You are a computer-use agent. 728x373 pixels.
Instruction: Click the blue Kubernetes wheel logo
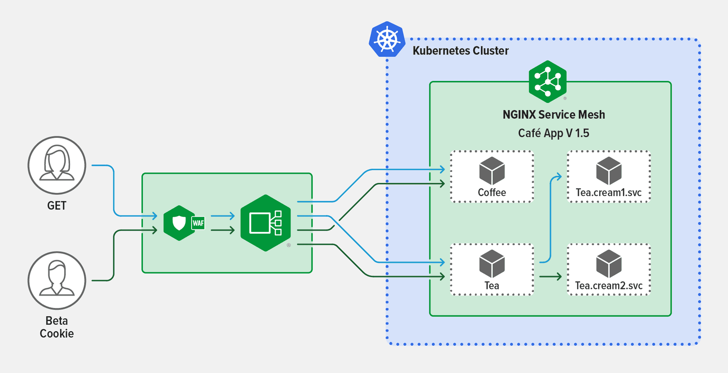[387, 40]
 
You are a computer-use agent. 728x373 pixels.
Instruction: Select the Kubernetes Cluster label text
[460, 50]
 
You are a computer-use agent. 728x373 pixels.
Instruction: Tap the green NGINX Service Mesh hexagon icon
[547, 81]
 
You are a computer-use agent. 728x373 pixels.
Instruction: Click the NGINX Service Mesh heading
[554, 115]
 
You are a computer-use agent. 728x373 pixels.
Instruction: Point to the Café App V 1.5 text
[553, 133]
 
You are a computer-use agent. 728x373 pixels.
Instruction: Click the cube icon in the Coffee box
[492, 171]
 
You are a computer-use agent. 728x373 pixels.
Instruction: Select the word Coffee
[492, 192]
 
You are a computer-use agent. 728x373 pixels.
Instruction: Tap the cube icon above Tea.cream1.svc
[609, 171]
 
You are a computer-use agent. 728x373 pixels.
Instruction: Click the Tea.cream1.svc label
[609, 192]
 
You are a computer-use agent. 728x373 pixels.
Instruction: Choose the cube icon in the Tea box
[492, 264]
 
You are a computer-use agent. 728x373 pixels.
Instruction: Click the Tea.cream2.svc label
[609, 286]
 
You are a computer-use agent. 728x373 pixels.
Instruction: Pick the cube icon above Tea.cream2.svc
[609, 264]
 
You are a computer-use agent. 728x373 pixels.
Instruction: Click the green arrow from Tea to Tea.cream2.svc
[551, 276]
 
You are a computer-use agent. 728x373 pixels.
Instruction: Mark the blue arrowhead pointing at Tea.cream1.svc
[557, 176]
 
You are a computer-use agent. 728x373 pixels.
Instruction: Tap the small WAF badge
[198, 223]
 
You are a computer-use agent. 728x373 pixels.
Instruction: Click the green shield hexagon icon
[179, 223]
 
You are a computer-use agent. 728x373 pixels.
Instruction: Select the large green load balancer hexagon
[266, 223]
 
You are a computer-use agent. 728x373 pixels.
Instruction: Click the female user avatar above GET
[57, 165]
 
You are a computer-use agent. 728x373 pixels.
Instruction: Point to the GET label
[57, 206]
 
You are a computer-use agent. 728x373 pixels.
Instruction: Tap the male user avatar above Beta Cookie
[57, 280]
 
